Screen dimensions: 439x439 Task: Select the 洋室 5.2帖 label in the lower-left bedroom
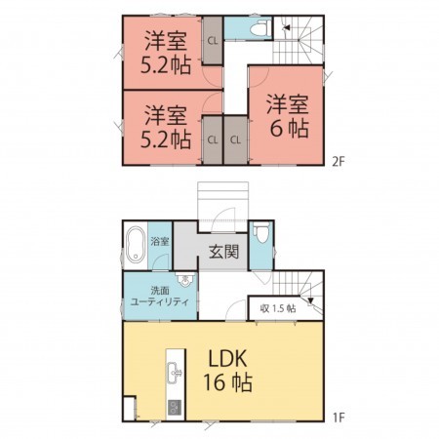(x=163, y=126)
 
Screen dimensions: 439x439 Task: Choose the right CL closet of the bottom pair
(x=235, y=139)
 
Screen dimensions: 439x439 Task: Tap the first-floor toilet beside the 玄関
(x=259, y=237)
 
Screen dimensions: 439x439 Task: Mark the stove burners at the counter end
(x=176, y=406)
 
